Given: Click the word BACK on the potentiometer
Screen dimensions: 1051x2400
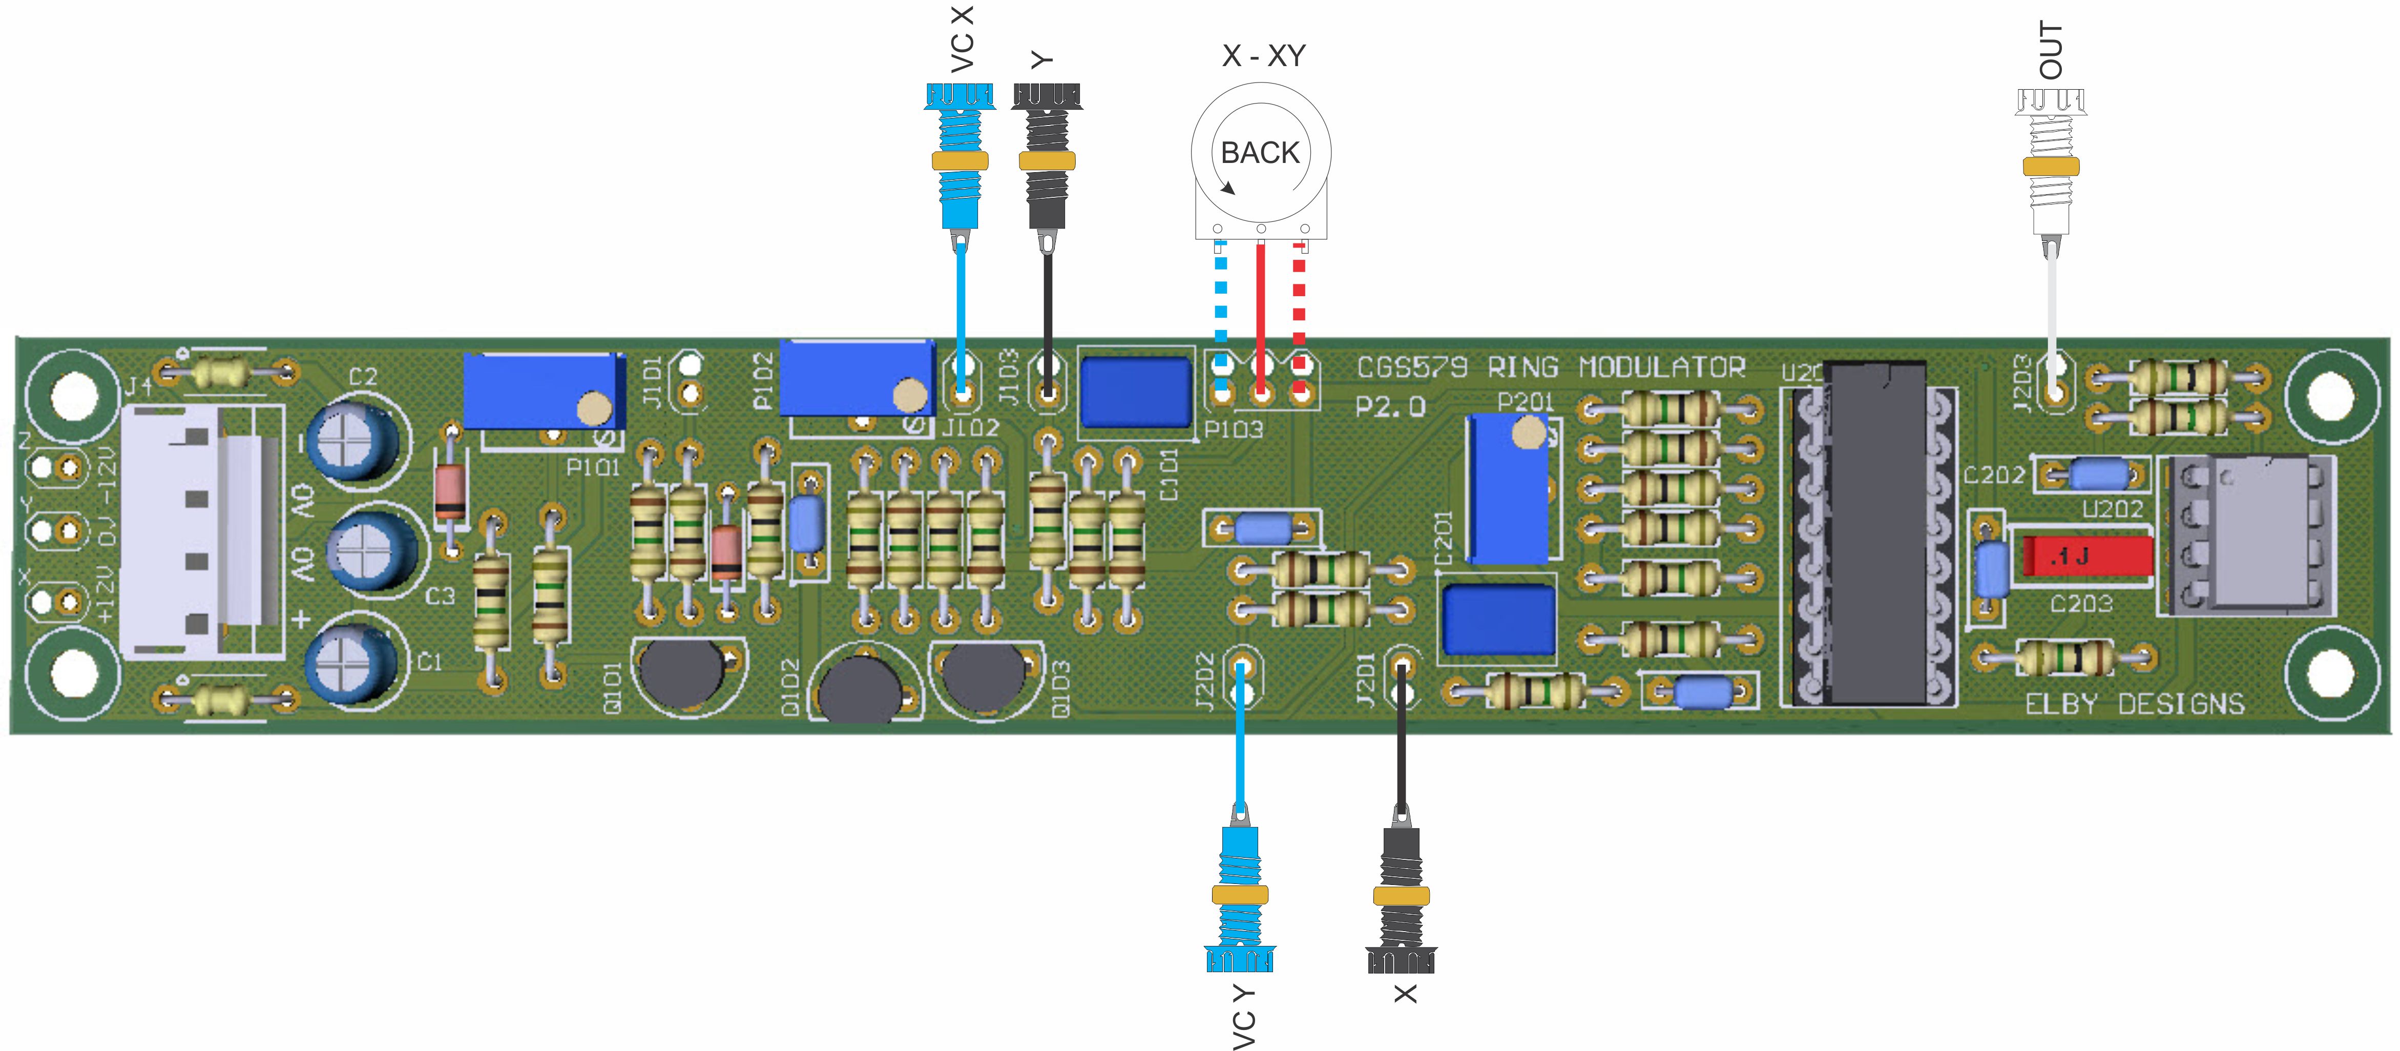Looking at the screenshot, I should point(1260,153).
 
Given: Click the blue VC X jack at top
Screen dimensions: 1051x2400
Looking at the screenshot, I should point(959,158).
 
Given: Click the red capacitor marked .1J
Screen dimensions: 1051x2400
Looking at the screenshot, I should point(2087,557).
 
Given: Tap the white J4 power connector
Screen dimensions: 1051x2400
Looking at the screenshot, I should point(200,531).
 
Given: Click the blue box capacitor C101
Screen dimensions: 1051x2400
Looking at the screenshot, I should point(1135,391).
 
